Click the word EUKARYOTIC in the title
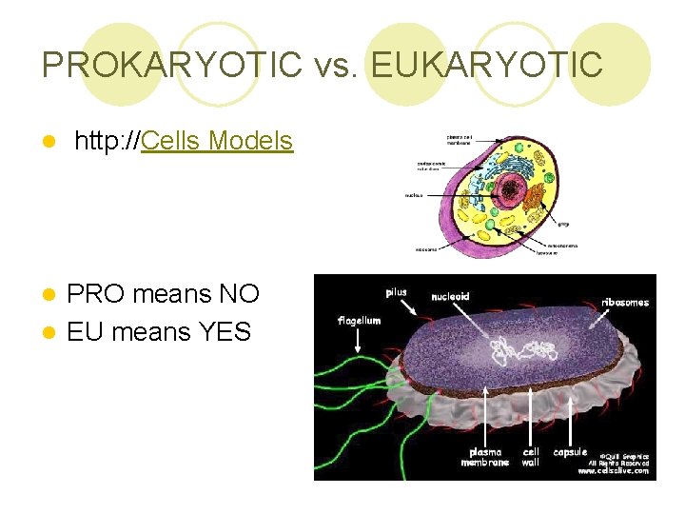[486, 65]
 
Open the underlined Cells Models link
[217, 141]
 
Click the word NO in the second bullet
[239, 293]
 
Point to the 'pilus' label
[396, 292]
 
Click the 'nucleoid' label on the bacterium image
[450, 296]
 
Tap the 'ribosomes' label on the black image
[625, 303]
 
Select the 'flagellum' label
[359, 321]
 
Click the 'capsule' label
[570, 452]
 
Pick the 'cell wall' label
[531, 457]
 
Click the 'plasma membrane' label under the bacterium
[485, 457]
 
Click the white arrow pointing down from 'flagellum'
[358, 343]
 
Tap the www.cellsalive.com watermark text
[614, 470]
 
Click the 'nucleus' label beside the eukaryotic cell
[414, 194]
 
